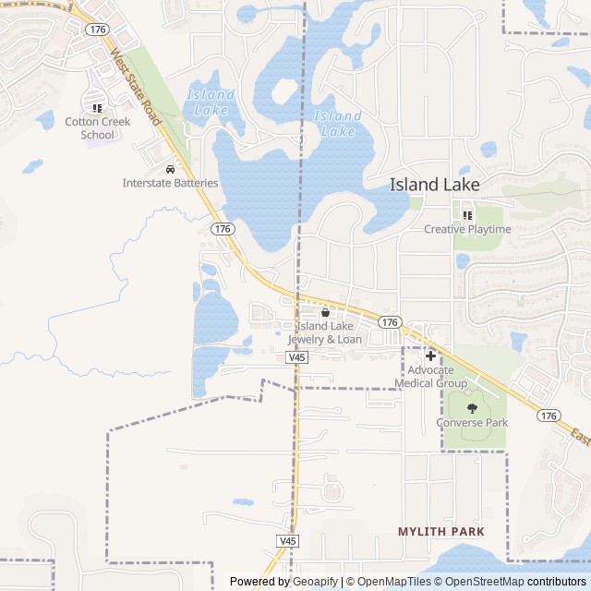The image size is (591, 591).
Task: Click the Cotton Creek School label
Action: (x=97, y=128)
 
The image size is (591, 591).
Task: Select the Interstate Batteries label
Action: (x=170, y=183)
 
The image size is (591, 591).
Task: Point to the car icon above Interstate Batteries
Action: (x=170, y=170)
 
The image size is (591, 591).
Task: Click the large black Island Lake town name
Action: (x=434, y=185)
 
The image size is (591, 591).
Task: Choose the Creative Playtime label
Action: (x=467, y=229)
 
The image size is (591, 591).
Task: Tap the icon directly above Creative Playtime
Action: (x=467, y=216)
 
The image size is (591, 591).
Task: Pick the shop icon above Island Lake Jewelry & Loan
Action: (x=325, y=313)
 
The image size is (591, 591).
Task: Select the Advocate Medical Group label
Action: (x=430, y=377)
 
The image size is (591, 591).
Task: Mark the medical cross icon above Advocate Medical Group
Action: (x=430, y=356)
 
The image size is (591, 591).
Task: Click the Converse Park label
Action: (x=472, y=423)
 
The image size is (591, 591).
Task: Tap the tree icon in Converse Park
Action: (x=472, y=407)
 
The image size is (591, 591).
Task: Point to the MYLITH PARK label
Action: (x=453, y=532)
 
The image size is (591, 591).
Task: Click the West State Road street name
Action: (x=136, y=90)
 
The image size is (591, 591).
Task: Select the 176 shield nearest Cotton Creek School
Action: (x=97, y=30)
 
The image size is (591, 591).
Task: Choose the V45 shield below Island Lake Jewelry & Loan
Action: (x=296, y=356)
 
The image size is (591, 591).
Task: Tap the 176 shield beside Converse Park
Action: (x=549, y=416)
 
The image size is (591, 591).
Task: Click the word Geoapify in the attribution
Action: (x=316, y=582)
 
